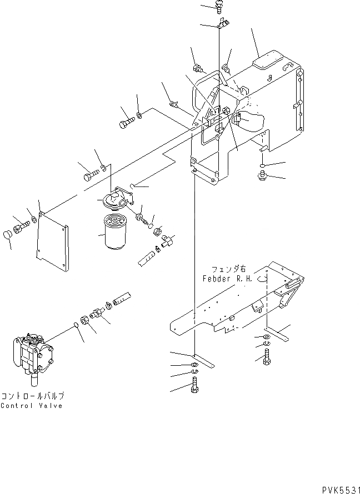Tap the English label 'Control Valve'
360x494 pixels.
coord(32,406)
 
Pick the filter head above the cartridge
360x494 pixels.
coord(116,199)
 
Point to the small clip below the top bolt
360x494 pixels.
coord(222,23)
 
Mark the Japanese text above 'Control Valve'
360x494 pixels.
coord(32,396)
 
